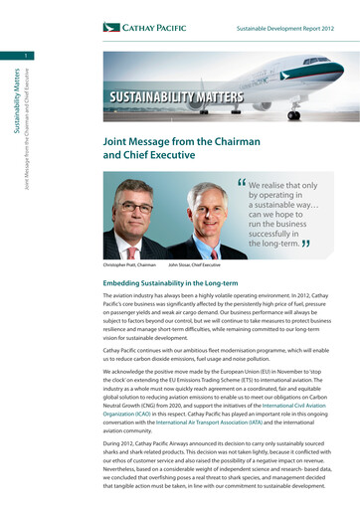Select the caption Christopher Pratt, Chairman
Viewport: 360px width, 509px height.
[x=130, y=265]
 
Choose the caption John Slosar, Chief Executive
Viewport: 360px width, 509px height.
[x=194, y=265]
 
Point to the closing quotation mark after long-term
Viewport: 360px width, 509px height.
[x=305, y=244]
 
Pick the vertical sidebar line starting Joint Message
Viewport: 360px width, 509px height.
[x=27, y=129]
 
